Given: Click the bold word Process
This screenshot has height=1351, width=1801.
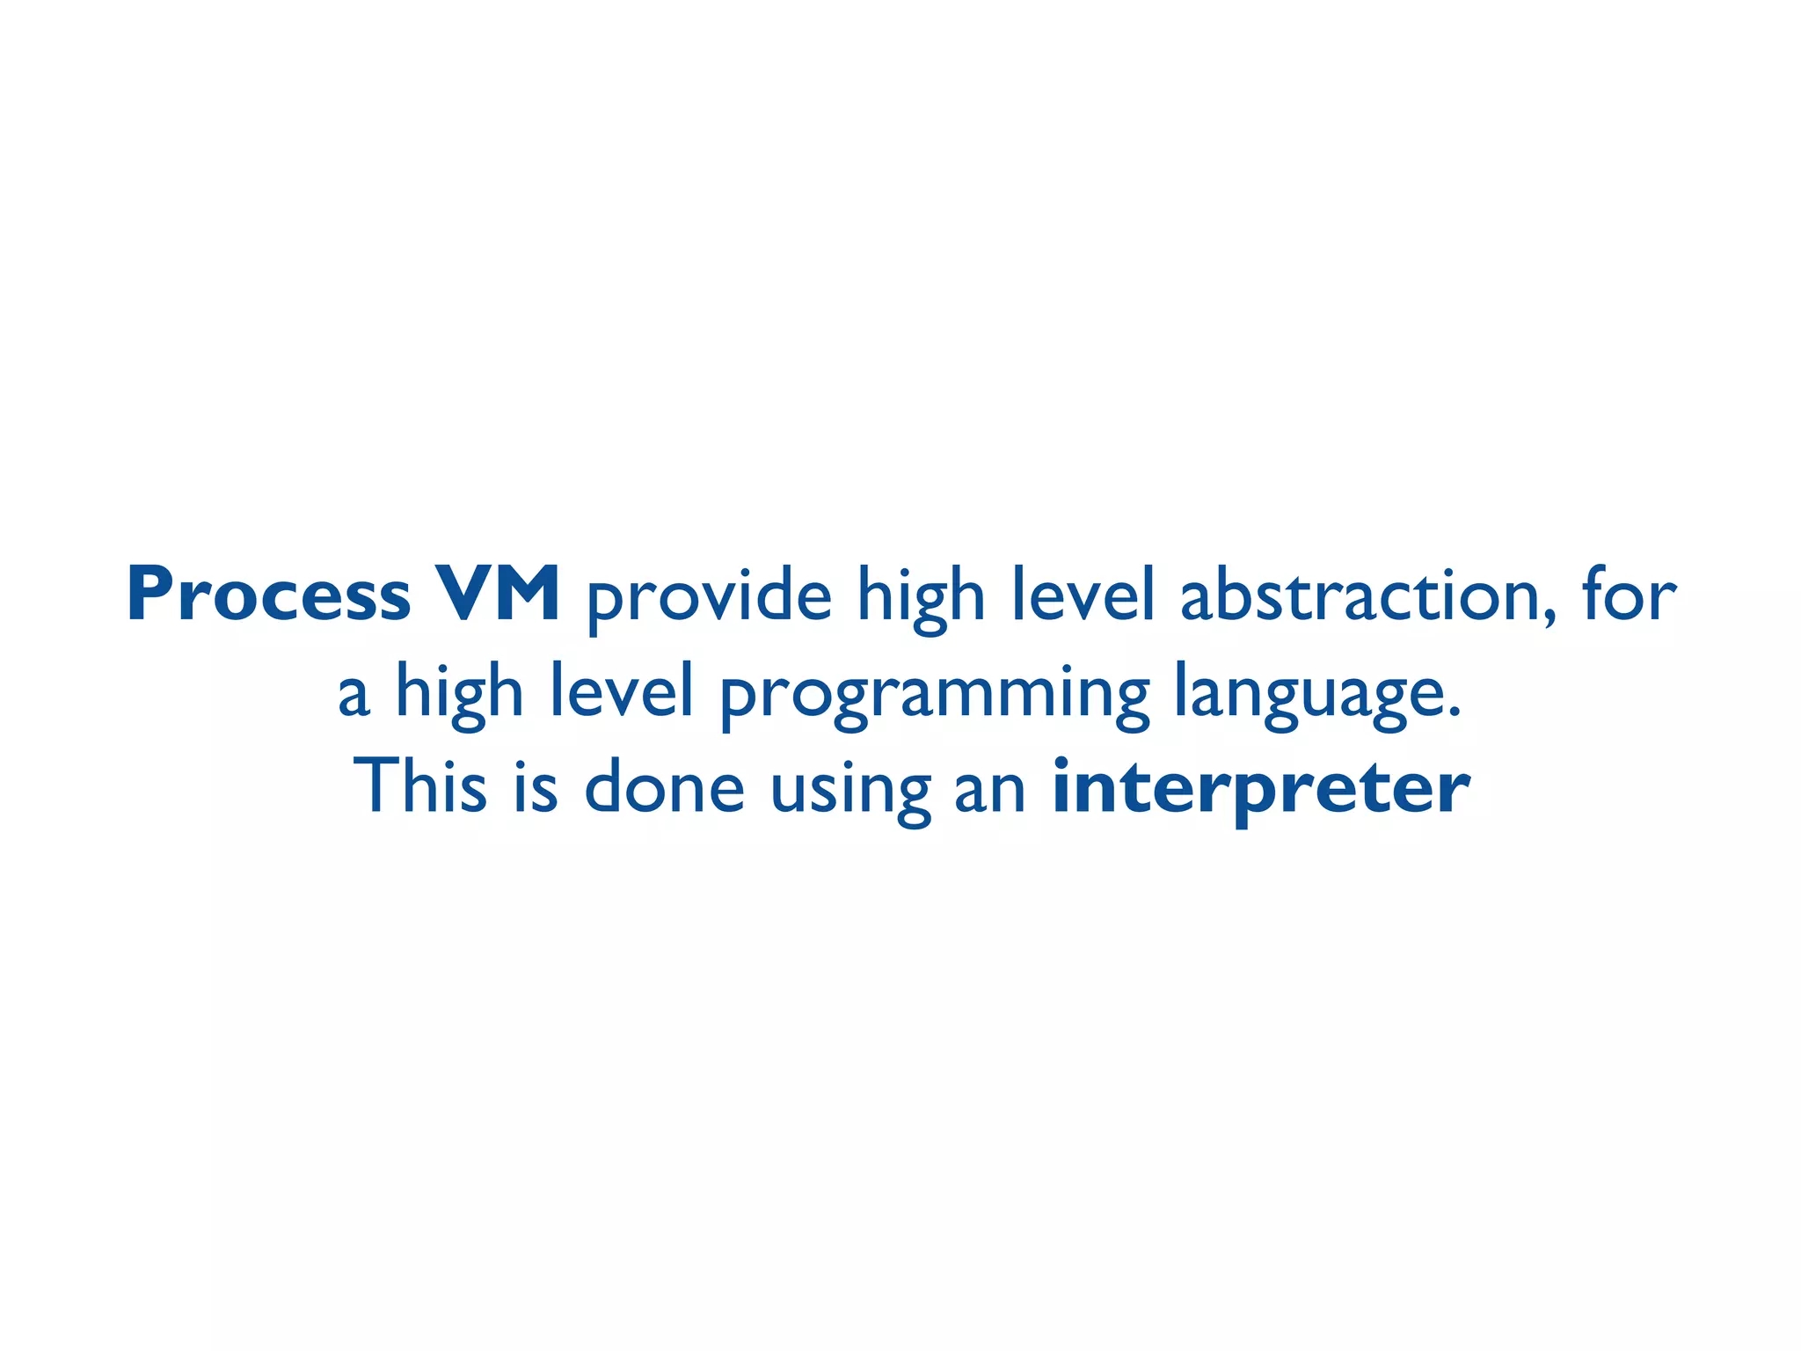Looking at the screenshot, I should [x=268, y=595].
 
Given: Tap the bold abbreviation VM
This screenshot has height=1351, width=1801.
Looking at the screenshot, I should [x=498, y=595].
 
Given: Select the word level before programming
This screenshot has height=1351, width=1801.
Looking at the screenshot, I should [x=622, y=691].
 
